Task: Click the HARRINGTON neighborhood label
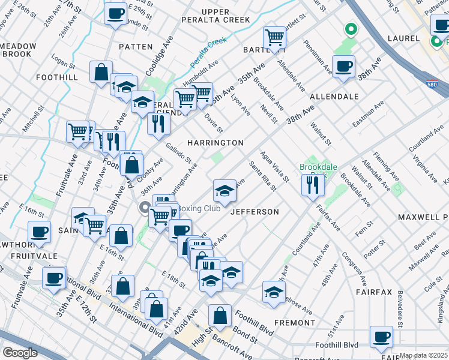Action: click(215, 143)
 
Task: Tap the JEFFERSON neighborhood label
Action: click(255, 212)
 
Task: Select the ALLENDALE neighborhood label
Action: click(334, 96)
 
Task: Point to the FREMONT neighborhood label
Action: click(294, 322)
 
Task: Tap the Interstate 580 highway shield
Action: click(432, 85)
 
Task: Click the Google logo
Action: click(20, 352)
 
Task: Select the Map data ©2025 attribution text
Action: click(424, 355)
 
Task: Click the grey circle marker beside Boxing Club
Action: click(144, 208)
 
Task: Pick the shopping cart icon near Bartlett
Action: click(274, 37)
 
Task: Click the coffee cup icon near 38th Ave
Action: click(343, 67)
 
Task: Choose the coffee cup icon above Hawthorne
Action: click(40, 232)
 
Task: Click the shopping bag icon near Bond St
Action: click(220, 315)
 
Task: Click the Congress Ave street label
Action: click(353, 267)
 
